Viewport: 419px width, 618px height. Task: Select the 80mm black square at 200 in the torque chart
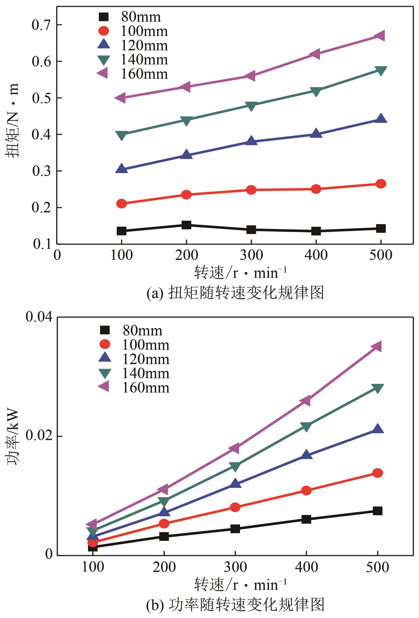(x=186, y=225)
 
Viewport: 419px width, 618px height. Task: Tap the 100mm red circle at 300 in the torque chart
(x=251, y=190)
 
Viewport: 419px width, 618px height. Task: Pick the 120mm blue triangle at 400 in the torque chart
(x=316, y=134)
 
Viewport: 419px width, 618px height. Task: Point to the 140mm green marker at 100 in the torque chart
(x=121, y=135)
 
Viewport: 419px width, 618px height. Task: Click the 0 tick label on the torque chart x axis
(x=57, y=255)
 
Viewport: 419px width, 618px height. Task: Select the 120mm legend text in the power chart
(x=146, y=359)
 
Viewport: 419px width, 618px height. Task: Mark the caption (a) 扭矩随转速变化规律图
(x=235, y=293)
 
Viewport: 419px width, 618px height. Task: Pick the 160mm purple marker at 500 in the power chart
(x=377, y=346)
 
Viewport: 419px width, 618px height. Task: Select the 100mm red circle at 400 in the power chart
(x=306, y=490)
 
